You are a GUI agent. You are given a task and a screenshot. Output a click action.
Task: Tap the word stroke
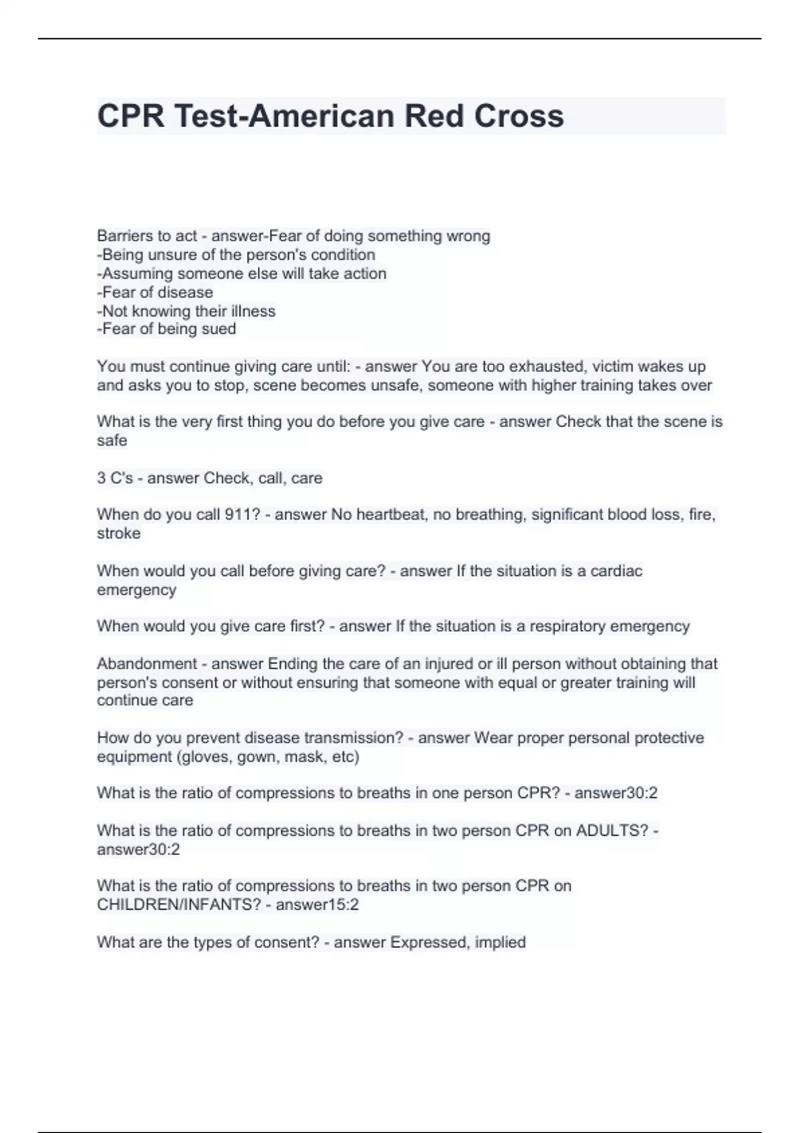(x=119, y=533)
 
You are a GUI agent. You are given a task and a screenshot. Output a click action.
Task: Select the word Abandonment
(x=147, y=664)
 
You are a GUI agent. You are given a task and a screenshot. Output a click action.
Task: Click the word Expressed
(x=429, y=942)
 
